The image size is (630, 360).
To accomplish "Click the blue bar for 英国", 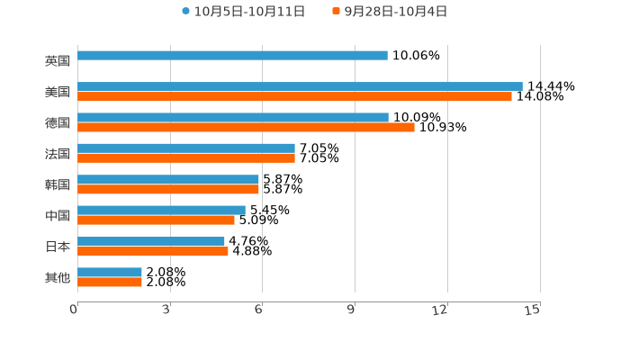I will [232, 56].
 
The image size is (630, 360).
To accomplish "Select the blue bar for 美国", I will [300, 87].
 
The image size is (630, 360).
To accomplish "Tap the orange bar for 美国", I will [294, 97].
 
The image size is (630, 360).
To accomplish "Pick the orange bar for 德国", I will [246, 128].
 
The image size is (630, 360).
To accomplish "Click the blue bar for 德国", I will [233, 118].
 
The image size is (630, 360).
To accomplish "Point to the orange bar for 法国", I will [186, 158].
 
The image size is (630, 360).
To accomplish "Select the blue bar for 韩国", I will [168, 180].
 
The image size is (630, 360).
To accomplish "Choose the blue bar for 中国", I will [161, 211].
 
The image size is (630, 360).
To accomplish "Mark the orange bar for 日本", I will [153, 251].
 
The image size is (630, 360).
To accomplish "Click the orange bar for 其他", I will [110, 283].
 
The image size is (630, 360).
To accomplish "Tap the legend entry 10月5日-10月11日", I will [244, 12].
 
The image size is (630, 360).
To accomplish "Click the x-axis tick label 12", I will [440, 310].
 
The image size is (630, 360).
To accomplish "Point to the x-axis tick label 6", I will [258, 310].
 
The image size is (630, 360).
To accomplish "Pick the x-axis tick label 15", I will [532, 310].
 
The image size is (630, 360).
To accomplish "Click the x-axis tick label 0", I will [74, 310].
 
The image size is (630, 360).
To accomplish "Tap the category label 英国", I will [58, 61].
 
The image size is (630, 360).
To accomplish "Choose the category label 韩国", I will [58, 185].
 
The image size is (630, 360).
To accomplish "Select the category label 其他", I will [58, 278].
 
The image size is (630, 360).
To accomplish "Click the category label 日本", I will [58, 247].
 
